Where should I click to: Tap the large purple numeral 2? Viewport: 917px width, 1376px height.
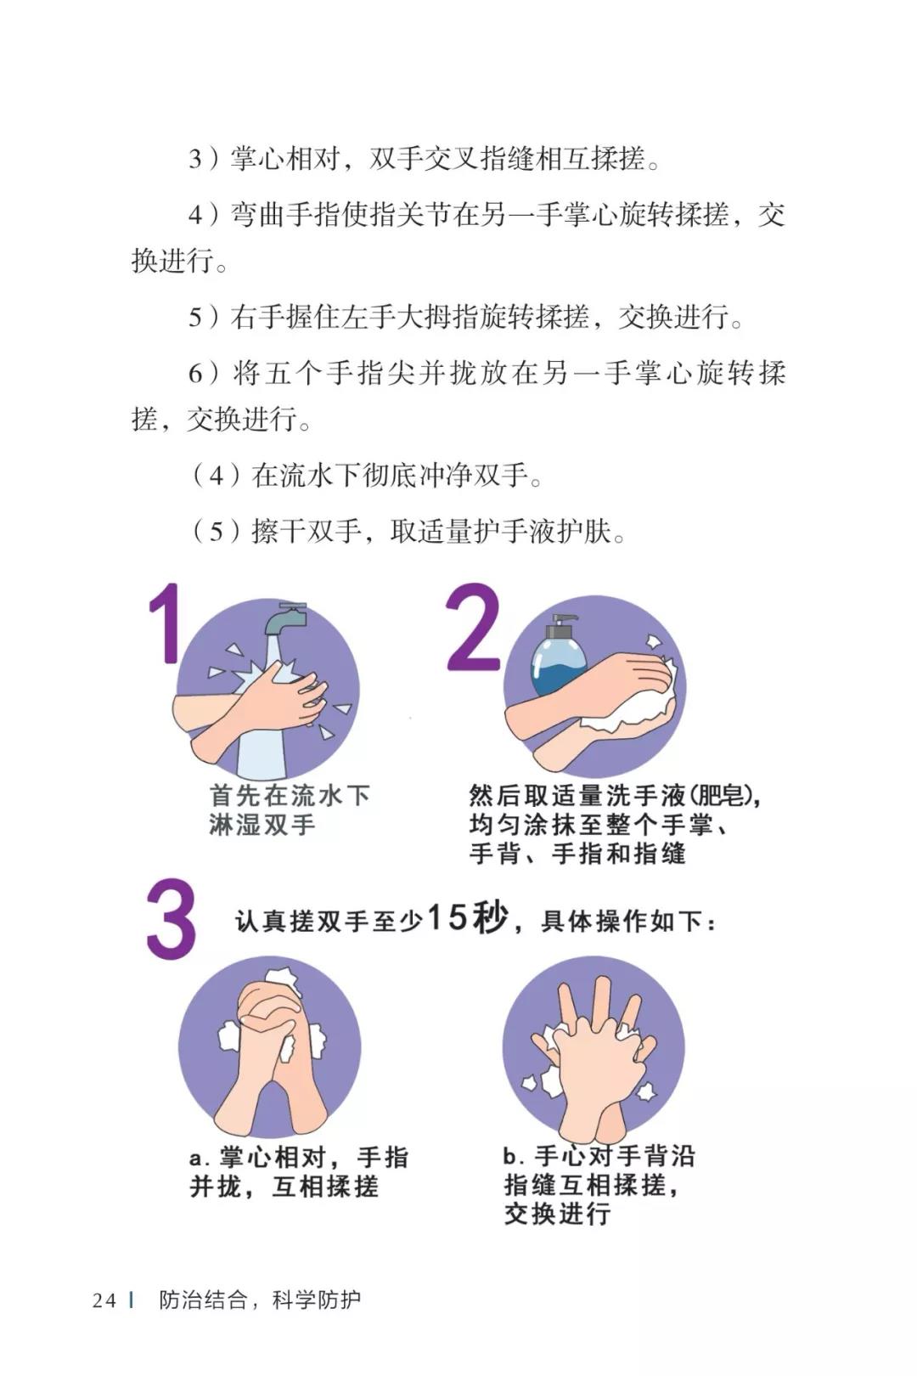point(473,628)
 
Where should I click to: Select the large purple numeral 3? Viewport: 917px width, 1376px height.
point(172,921)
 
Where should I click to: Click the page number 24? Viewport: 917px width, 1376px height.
point(104,1300)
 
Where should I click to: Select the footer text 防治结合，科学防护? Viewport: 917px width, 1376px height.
point(260,1300)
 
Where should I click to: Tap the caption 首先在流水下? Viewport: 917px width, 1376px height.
point(290,796)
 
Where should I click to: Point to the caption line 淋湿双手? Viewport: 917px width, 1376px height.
point(262,825)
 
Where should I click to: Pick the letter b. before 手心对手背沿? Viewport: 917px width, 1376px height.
point(511,1156)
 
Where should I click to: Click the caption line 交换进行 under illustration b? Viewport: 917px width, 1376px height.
point(557,1214)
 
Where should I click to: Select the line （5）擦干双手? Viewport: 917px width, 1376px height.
point(408,532)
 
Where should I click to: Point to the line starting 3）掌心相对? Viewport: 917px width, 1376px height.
point(425,159)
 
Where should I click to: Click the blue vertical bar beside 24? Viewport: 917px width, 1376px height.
point(132,1300)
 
